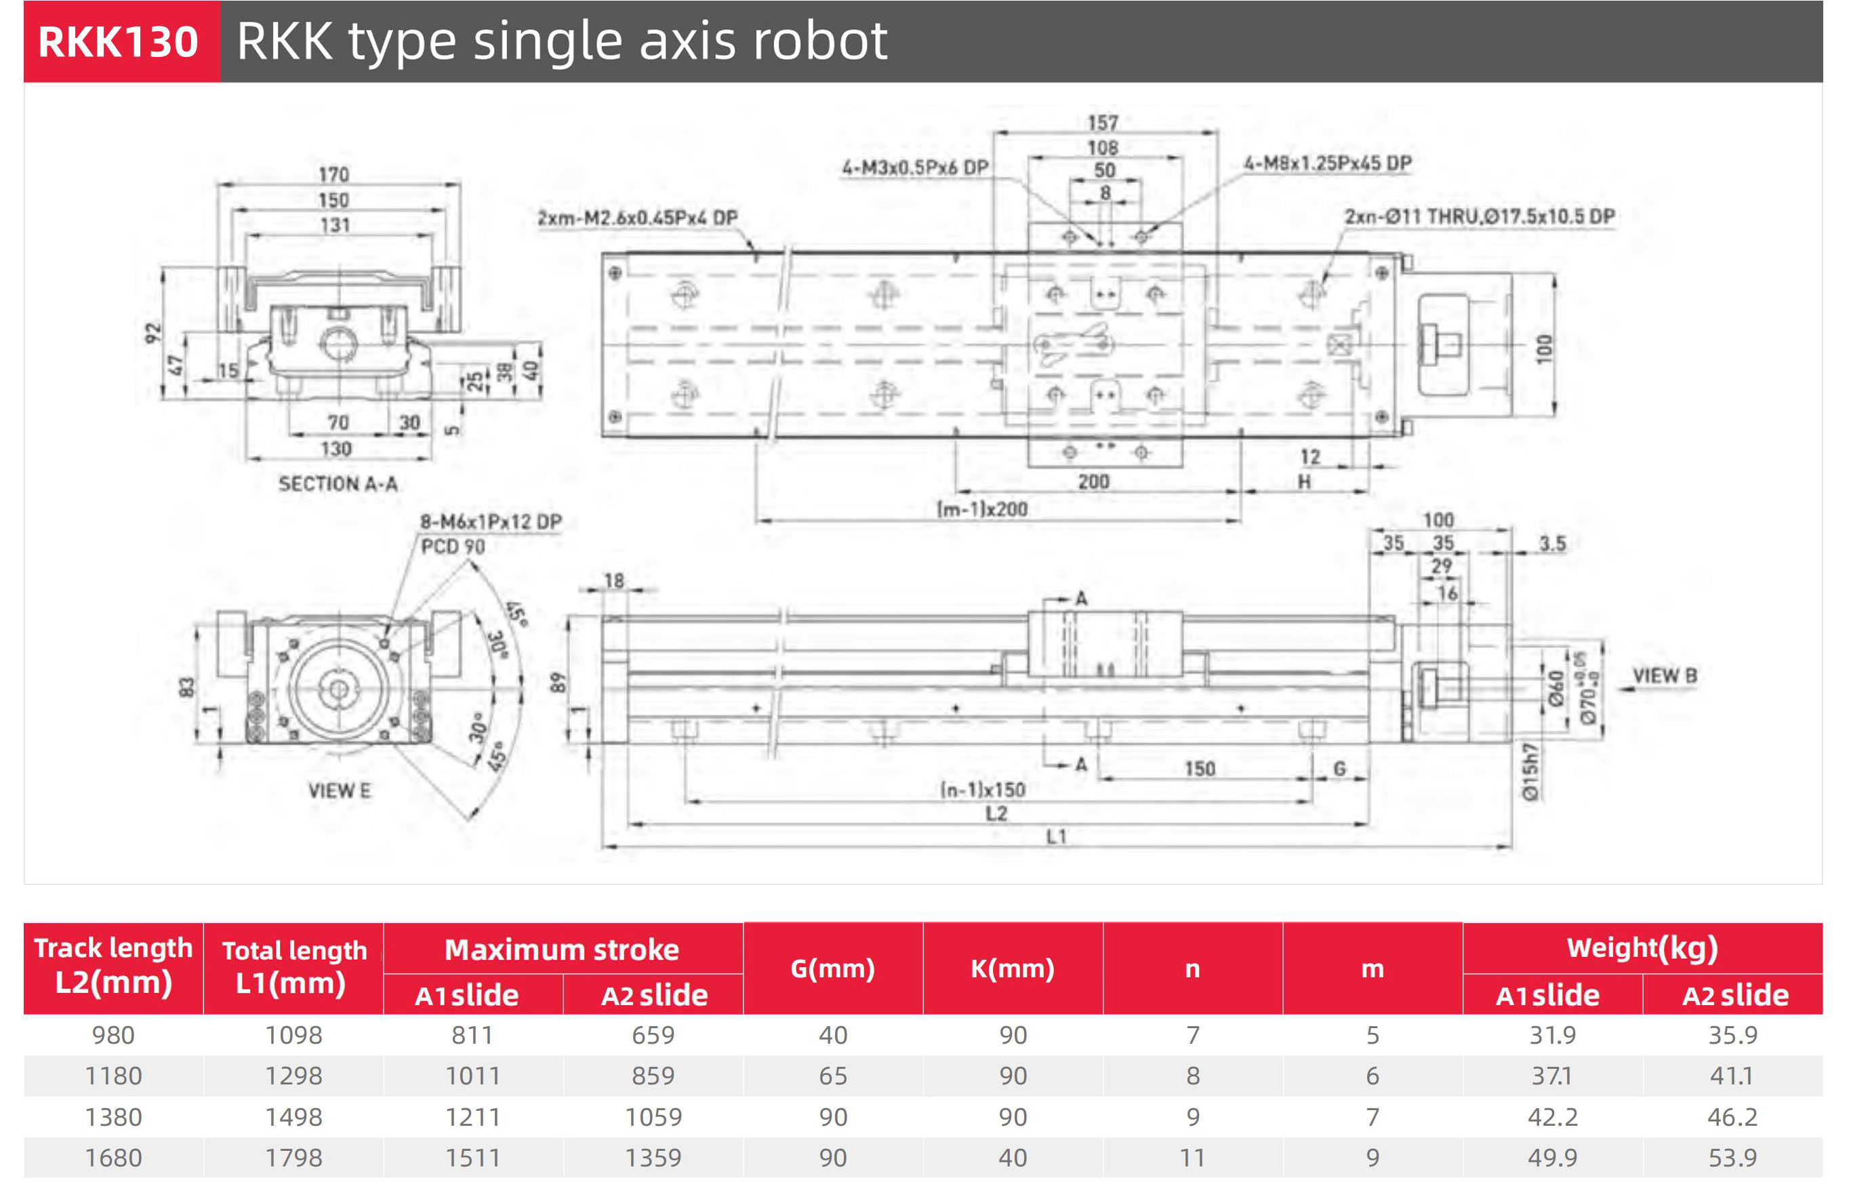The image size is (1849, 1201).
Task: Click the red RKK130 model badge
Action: pyautogui.click(x=119, y=42)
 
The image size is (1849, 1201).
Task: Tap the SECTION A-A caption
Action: pyautogui.click(x=338, y=484)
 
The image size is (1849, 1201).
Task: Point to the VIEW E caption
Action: pyautogui.click(x=340, y=791)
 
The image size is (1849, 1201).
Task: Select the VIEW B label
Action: pyautogui.click(x=1664, y=676)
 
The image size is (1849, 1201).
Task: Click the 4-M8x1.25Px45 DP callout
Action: pyautogui.click(x=1327, y=164)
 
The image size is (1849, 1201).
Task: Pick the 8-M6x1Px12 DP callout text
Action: pyautogui.click(x=490, y=522)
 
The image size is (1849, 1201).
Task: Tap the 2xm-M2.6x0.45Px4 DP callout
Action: pyautogui.click(x=638, y=218)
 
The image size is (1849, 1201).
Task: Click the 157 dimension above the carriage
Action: pyautogui.click(x=1102, y=123)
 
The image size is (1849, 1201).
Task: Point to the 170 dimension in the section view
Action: pyautogui.click(x=333, y=175)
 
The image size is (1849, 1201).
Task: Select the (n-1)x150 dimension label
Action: pyautogui.click(x=983, y=790)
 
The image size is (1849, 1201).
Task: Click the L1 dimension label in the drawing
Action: pyautogui.click(x=1057, y=836)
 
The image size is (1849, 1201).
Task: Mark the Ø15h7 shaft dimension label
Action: pyautogui.click(x=1530, y=771)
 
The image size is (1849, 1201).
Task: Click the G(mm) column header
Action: pyautogui.click(x=832, y=969)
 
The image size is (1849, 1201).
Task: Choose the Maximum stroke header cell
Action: pyautogui.click(x=562, y=950)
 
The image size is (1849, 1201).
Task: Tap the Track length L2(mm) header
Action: pyautogui.click(x=113, y=966)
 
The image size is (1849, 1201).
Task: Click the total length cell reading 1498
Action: pyautogui.click(x=293, y=1117)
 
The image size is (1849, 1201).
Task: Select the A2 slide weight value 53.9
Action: pyautogui.click(x=1732, y=1158)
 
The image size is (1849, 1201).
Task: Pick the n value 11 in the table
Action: pyautogui.click(x=1192, y=1158)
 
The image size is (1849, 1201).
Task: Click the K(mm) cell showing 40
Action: pyautogui.click(x=1013, y=1158)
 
